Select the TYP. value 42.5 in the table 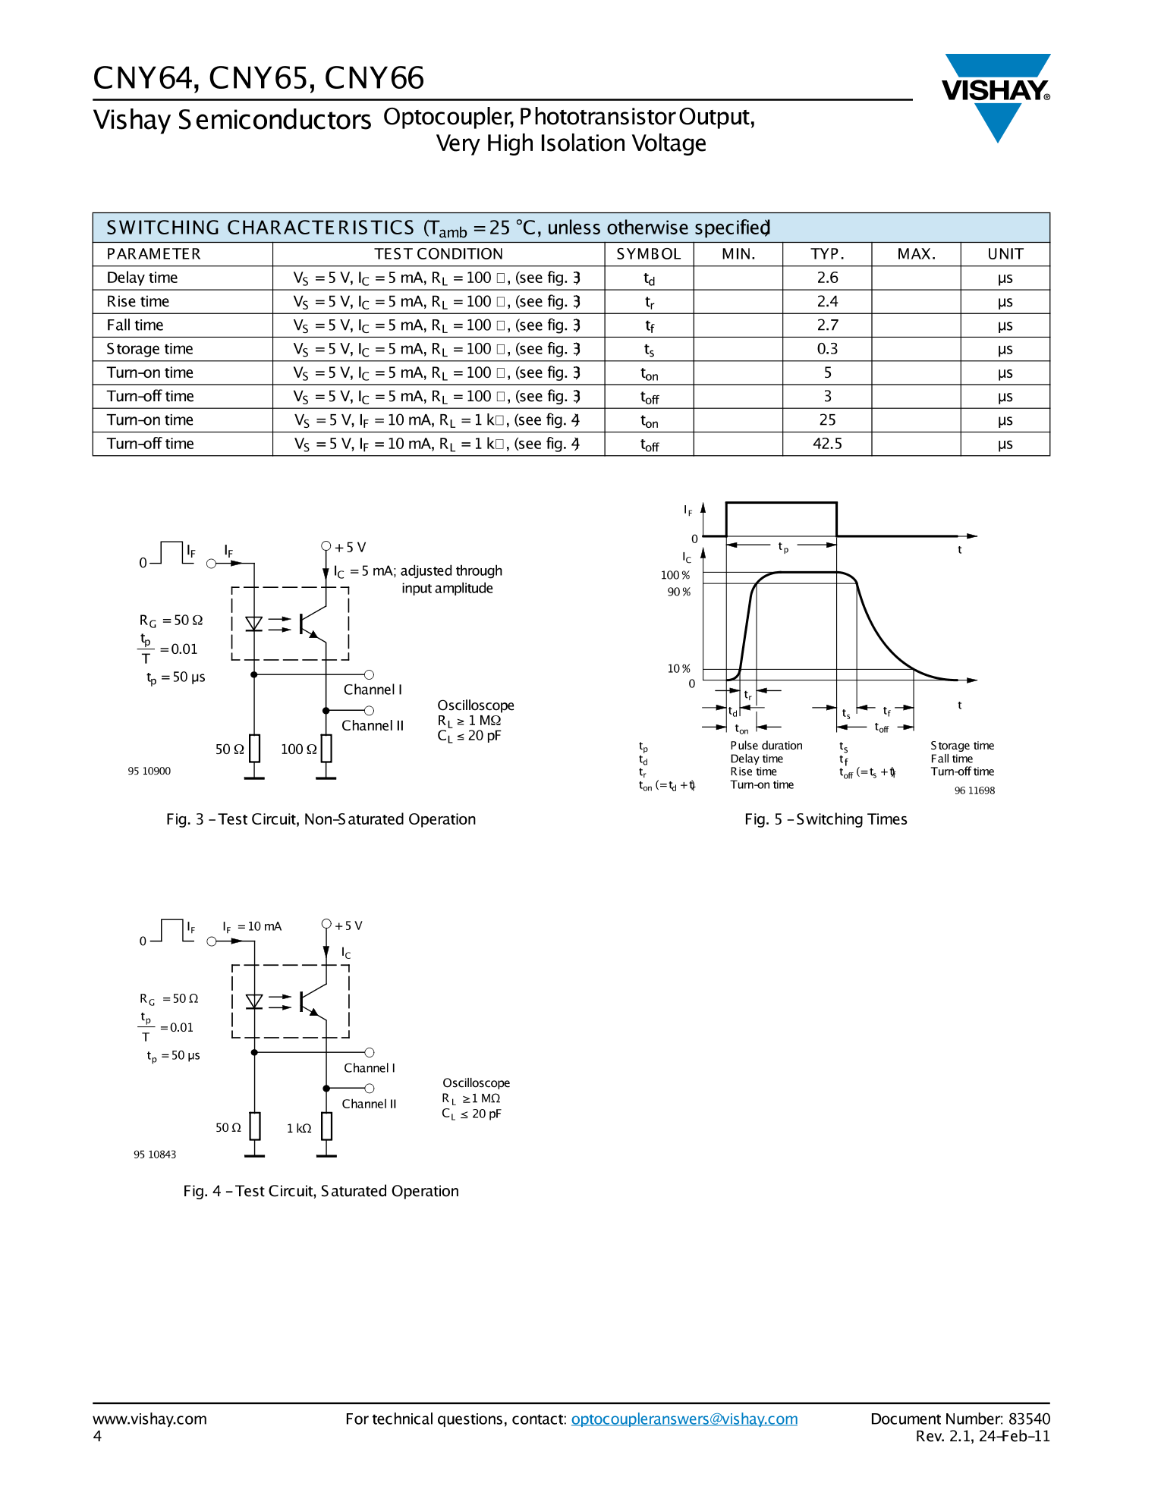(827, 444)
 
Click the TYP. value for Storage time (827, 349)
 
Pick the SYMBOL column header (649, 254)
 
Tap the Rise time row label (138, 302)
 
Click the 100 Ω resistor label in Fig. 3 (298, 749)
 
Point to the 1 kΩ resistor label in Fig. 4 (299, 1128)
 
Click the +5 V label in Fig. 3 (350, 547)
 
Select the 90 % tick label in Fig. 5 (678, 592)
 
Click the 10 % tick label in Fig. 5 (678, 668)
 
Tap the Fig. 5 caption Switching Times (826, 819)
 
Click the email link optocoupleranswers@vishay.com (684, 1419)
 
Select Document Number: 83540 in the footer (960, 1419)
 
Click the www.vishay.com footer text (149, 1419)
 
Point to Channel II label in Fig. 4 (369, 1104)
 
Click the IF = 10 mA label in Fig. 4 (252, 926)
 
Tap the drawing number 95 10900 (149, 771)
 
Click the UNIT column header (1005, 254)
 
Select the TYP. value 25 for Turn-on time (827, 420)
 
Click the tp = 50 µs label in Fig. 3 (176, 677)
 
